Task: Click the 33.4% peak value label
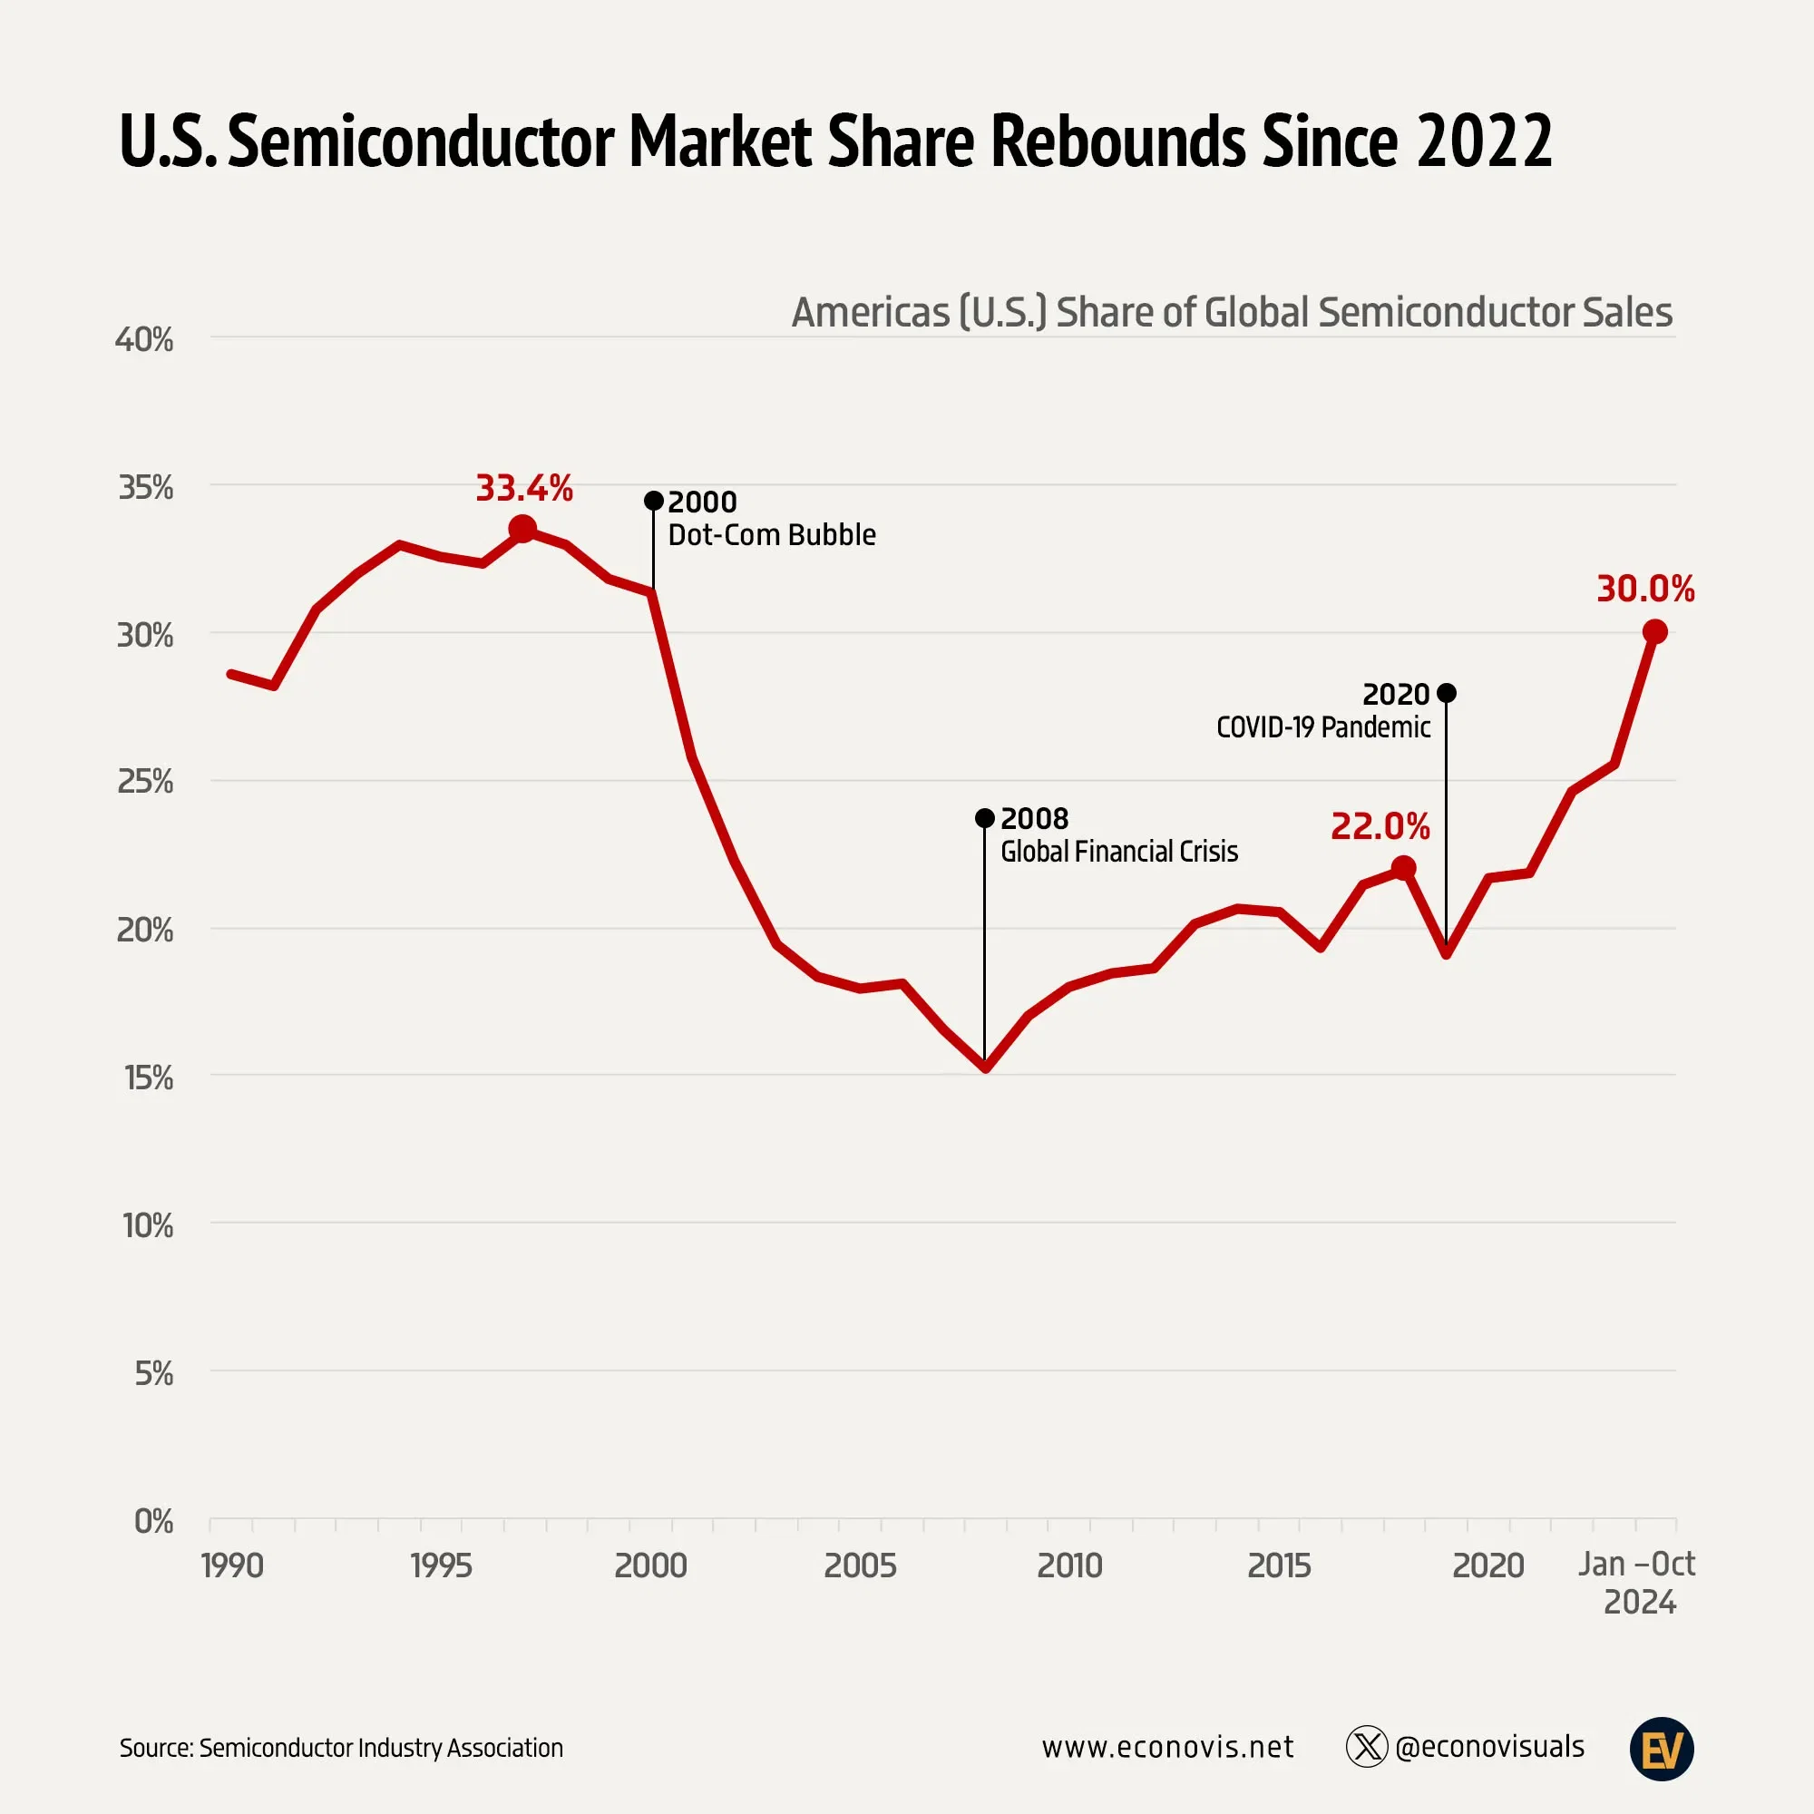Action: [524, 488]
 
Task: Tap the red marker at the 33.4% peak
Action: [522, 530]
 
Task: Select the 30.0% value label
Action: [1645, 590]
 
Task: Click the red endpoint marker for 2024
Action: [1654, 632]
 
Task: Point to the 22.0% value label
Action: [1380, 827]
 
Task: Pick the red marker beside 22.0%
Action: [1403, 868]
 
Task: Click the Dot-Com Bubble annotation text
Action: [772, 535]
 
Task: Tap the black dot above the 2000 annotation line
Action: [653, 501]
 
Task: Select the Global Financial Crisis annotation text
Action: [1118, 852]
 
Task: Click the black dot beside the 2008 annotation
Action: [984, 819]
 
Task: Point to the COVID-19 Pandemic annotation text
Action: [1323, 727]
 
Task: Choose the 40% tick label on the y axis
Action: [144, 340]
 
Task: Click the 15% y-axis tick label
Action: [149, 1078]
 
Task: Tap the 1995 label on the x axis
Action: [441, 1566]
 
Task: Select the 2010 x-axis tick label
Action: [1069, 1566]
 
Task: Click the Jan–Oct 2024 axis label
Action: [1637, 1583]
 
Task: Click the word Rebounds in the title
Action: [1118, 141]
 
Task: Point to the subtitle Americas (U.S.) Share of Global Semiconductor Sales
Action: [1231, 313]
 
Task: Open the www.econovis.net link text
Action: [1167, 1748]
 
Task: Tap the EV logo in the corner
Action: [1661, 1750]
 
